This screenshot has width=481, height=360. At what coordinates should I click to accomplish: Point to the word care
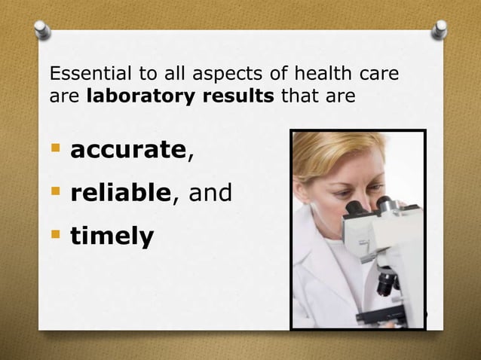pyautogui.click(x=378, y=75)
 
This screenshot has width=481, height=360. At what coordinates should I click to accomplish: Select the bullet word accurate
pyautogui.click(x=127, y=150)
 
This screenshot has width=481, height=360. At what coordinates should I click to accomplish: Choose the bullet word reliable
pyautogui.click(x=121, y=194)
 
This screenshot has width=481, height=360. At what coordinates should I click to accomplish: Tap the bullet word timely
pyautogui.click(x=112, y=237)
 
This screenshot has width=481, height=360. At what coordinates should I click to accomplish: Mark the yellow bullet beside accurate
pyautogui.click(x=54, y=148)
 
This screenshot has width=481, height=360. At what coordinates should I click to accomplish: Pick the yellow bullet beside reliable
pyautogui.click(x=54, y=191)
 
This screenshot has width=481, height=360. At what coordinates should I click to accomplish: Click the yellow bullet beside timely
pyautogui.click(x=54, y=235)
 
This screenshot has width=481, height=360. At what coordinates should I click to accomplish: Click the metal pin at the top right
pyautogui.click(x=440, y=29)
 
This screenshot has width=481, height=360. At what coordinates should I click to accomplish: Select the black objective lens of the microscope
pyautogui.click(x=387, y=283)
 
